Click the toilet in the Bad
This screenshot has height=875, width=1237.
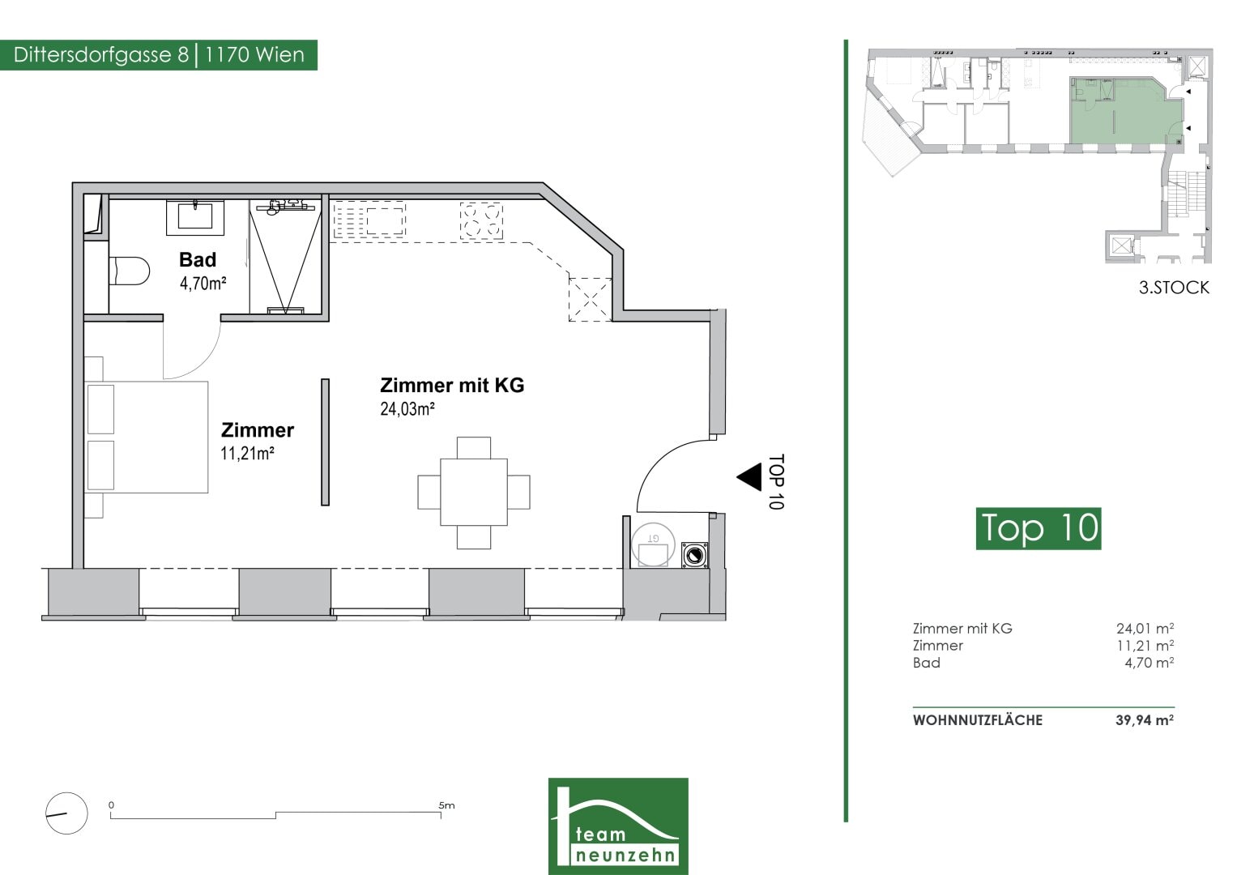tap(130, 271)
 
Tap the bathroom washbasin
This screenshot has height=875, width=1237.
tap(195, 216)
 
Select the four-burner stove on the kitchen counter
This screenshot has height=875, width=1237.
tap(481, 221)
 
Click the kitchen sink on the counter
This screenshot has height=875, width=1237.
tap(369, 220)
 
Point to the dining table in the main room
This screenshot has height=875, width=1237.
tap(473, 493)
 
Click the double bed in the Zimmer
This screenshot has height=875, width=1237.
tap(147, 437)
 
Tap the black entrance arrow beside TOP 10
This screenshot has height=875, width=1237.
tap(749, 477)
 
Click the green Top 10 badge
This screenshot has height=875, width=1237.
tap(1039, 528)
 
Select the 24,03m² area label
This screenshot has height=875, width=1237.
tap(407, 409)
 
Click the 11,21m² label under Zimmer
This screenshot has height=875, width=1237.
tap(247, 454)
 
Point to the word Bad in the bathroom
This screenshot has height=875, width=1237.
tap(198, 259)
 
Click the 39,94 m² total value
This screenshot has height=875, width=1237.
tap(1145, 720)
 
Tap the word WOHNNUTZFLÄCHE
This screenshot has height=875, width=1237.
tap(978, 720)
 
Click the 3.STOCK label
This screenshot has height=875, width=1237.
tap(1174, 288)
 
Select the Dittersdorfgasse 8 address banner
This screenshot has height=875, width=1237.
tap(159, 55)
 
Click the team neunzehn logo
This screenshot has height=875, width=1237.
tap(618, 826)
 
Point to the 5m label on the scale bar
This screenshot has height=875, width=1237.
tap(446, 805)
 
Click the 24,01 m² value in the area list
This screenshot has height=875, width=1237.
tap(1145, 629)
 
